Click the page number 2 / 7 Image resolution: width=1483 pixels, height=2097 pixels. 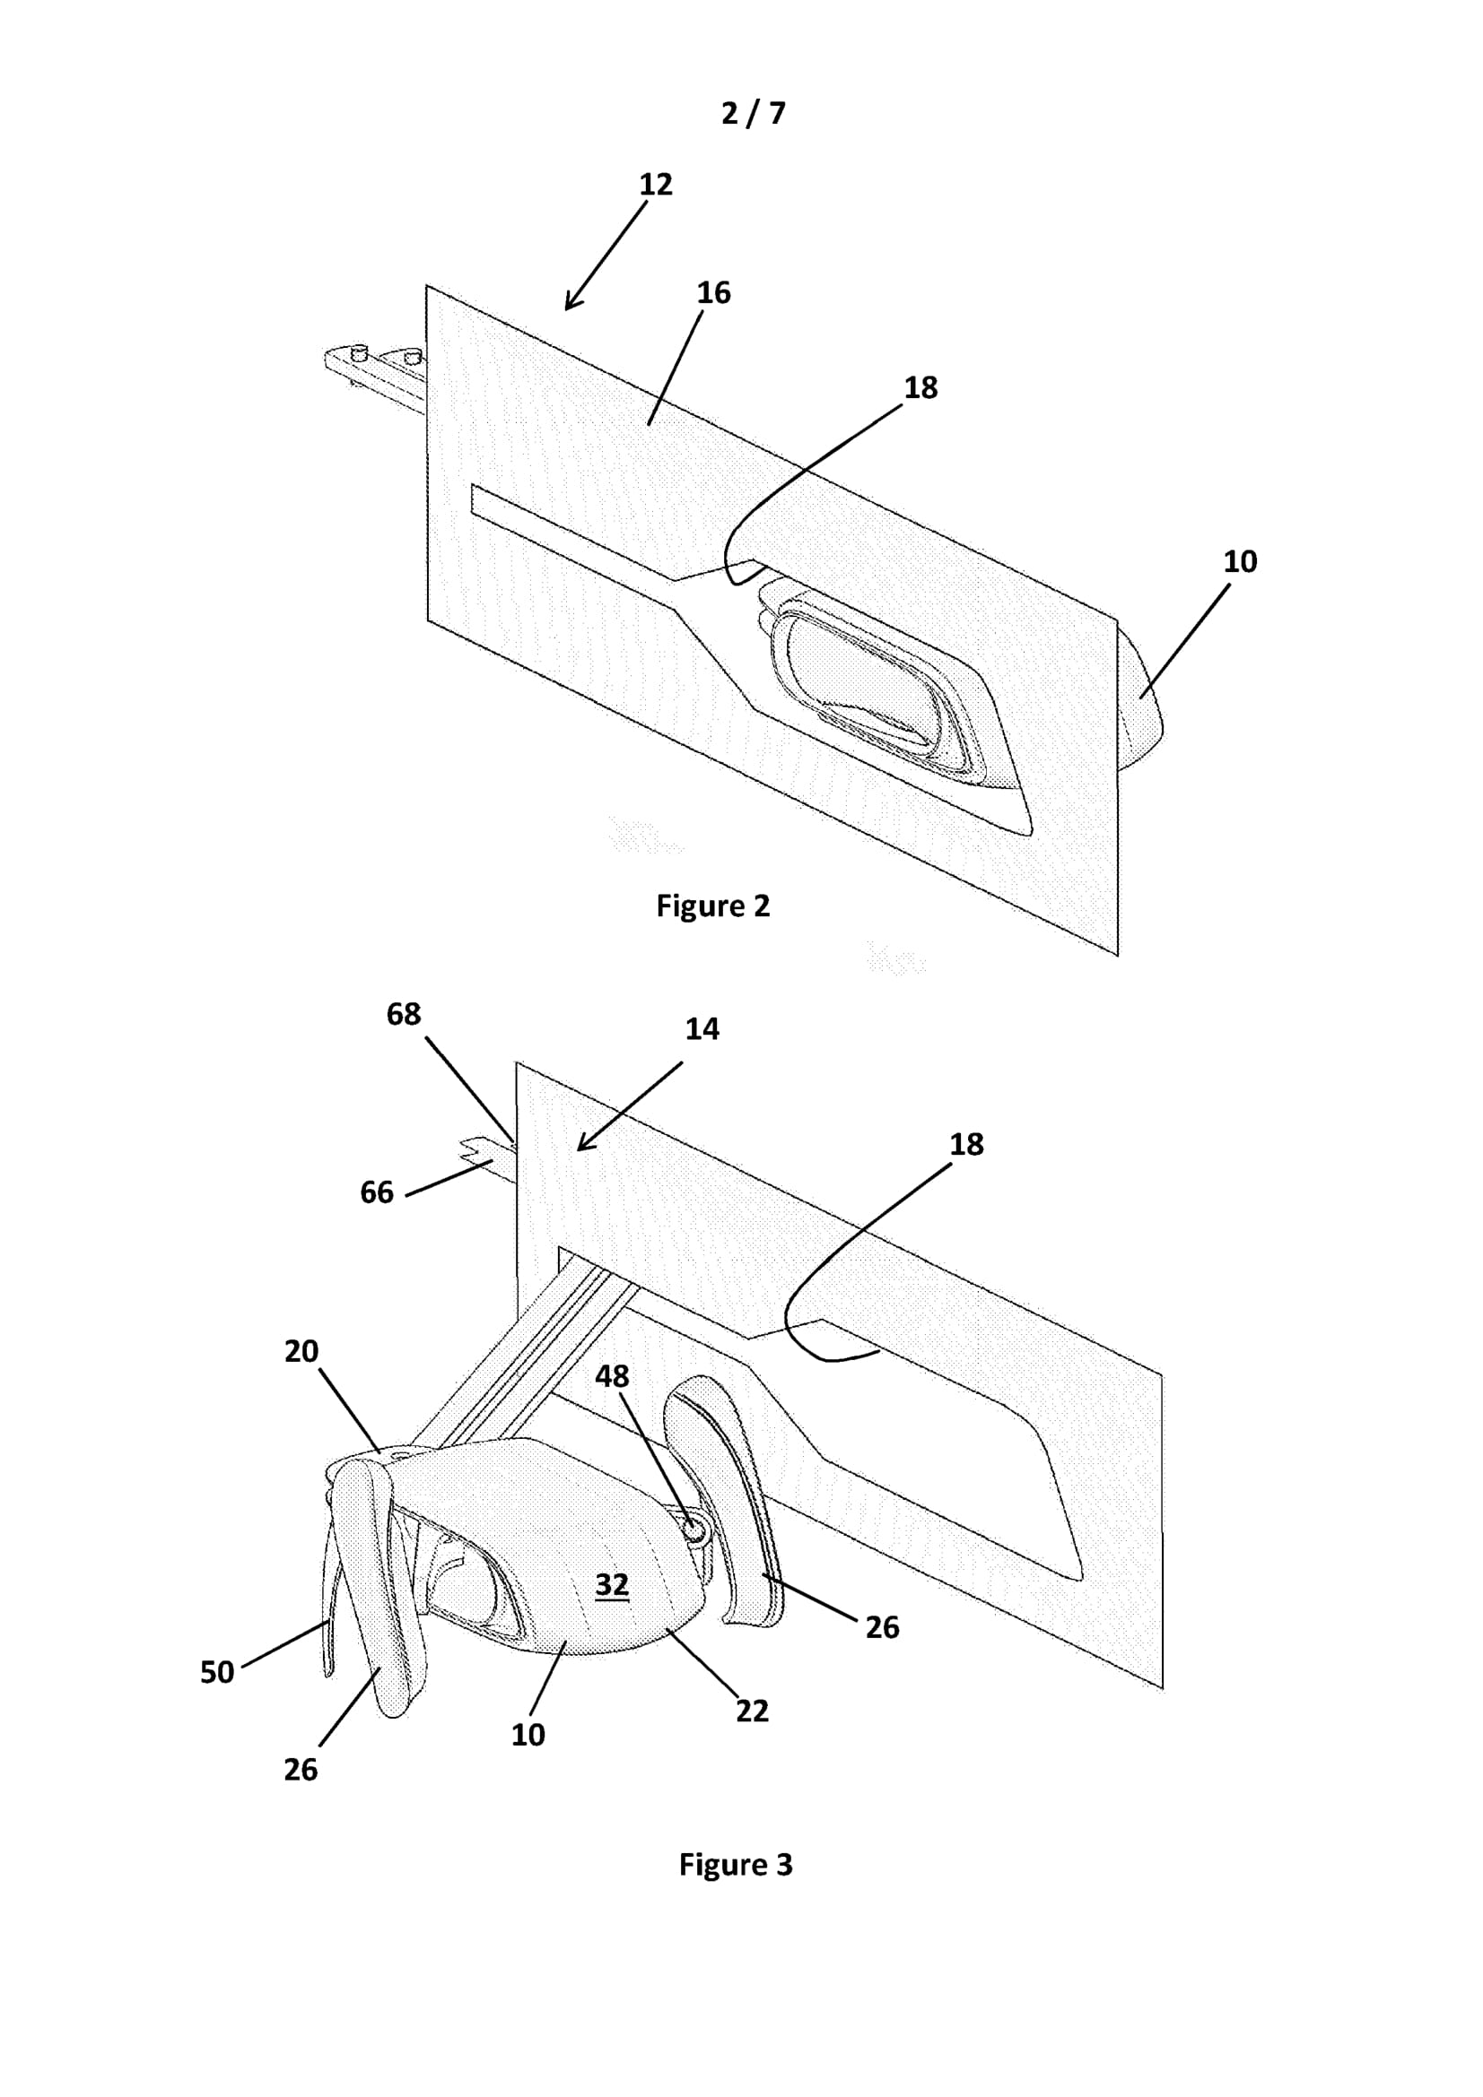point(753,113)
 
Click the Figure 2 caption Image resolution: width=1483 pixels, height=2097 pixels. point(712,906)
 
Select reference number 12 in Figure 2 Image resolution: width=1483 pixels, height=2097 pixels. point(656,185)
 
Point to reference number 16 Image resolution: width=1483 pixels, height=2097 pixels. point(713,292)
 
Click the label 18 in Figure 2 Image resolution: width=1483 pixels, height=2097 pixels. point(921,387)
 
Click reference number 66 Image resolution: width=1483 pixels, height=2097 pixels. point(377,1191)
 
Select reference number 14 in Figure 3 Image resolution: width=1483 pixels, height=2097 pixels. point(702,1028)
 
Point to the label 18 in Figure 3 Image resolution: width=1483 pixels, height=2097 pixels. point(967,1143)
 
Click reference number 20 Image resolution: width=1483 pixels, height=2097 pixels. point(301,1351)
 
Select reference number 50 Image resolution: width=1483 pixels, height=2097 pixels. point(217,1672)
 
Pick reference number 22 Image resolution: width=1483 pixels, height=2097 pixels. point(752,1711)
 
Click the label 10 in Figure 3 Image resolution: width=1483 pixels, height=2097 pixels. point(528,1735)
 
